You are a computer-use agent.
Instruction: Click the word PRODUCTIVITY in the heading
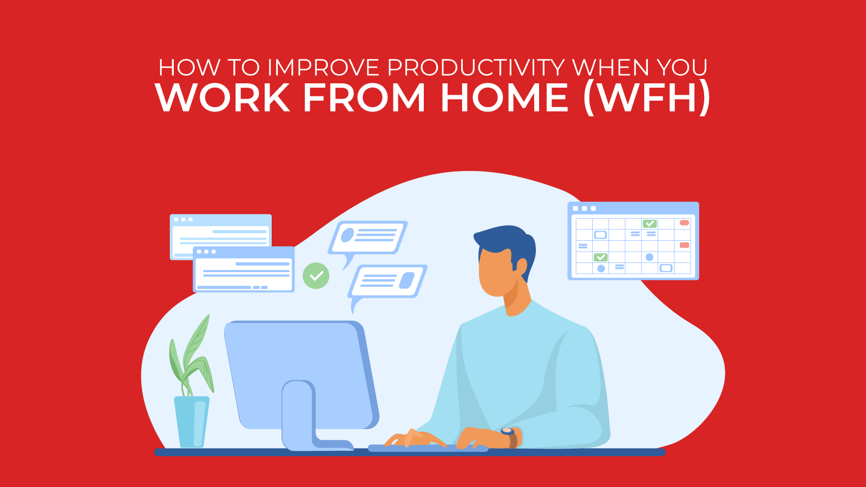point(476,68)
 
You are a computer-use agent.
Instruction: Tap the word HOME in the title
point(504,98)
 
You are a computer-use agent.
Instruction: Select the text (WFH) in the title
point(647,98)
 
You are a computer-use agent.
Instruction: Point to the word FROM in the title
point(364,98)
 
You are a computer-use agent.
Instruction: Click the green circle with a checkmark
point(316,275)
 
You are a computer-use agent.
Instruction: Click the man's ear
point(521,266)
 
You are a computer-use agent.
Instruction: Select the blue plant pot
point(192,421)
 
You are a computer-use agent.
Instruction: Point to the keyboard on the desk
point(428,448)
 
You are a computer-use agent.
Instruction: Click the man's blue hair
point(506,241)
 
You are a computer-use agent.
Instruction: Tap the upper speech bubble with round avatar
point(368,237)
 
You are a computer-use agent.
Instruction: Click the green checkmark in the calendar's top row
point(649,223)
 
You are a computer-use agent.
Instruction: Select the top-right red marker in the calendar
point(684,223)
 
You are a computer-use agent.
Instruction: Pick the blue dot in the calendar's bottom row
point(601,268)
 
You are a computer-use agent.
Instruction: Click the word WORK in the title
point(222,98)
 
